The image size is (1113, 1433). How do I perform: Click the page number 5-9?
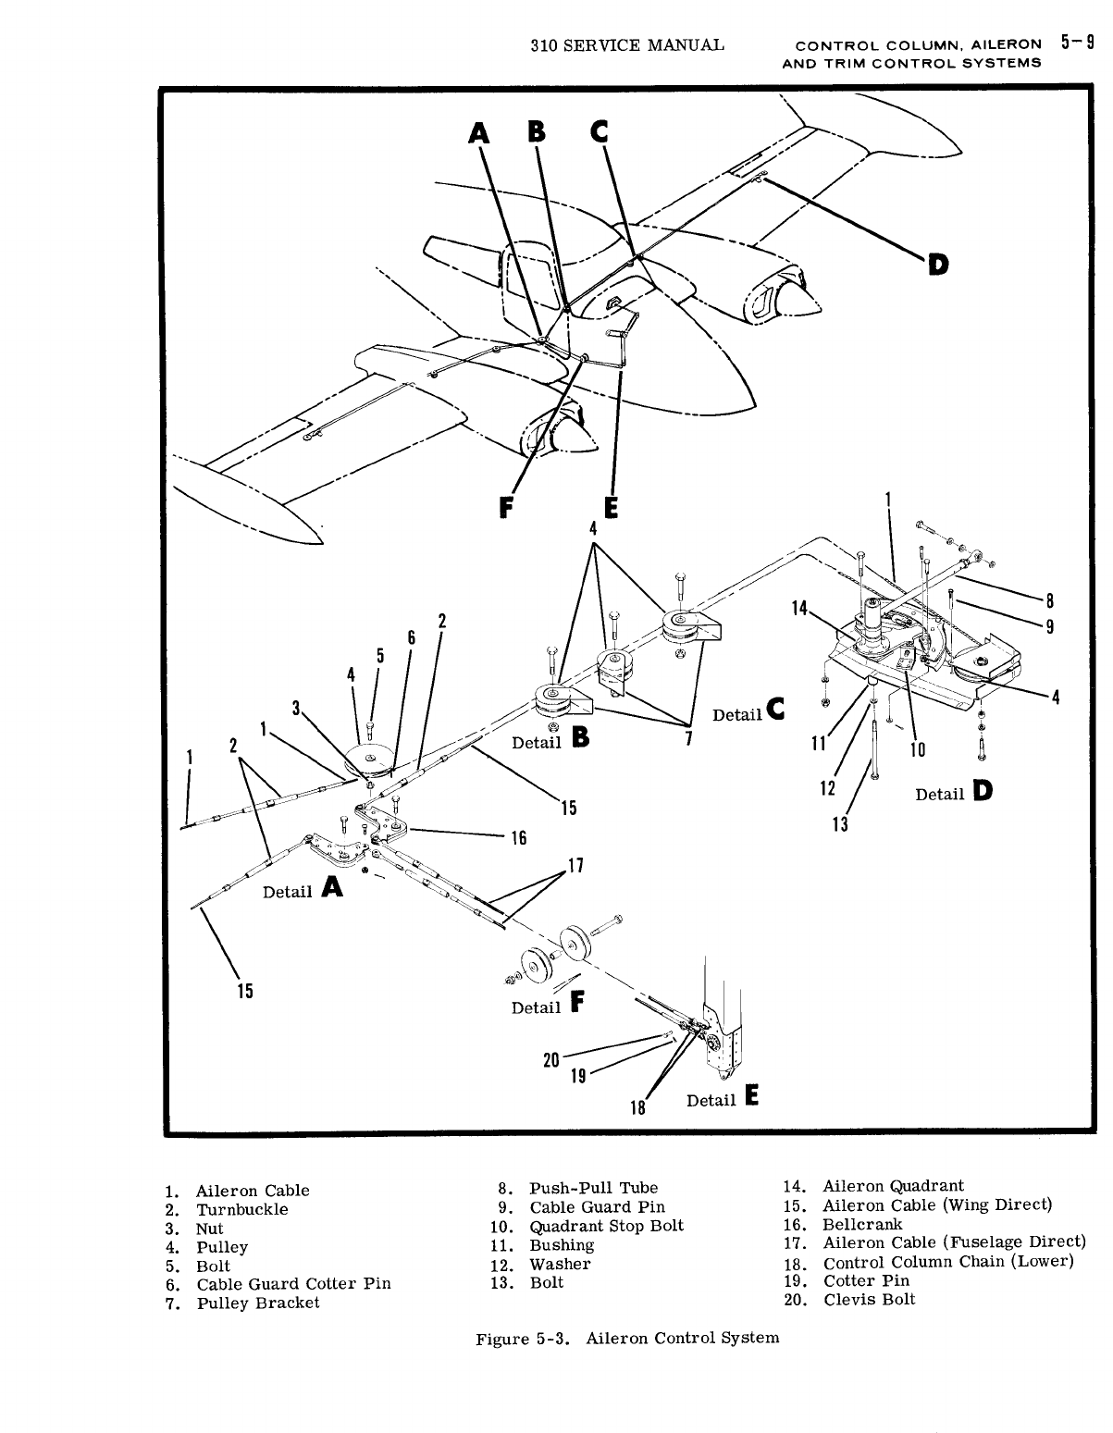[x=1079, y=43]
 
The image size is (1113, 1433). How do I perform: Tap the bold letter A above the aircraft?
[x=479, y=135]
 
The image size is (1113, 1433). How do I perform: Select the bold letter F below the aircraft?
[x=504, y=509]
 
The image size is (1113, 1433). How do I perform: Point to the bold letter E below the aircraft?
[x=611, y=509]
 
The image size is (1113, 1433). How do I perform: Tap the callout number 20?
[x=551, y=1060]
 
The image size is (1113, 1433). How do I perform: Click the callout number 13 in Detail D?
[x=841, y=824]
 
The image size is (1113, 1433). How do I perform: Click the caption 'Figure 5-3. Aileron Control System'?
[x=627, y=1338]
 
